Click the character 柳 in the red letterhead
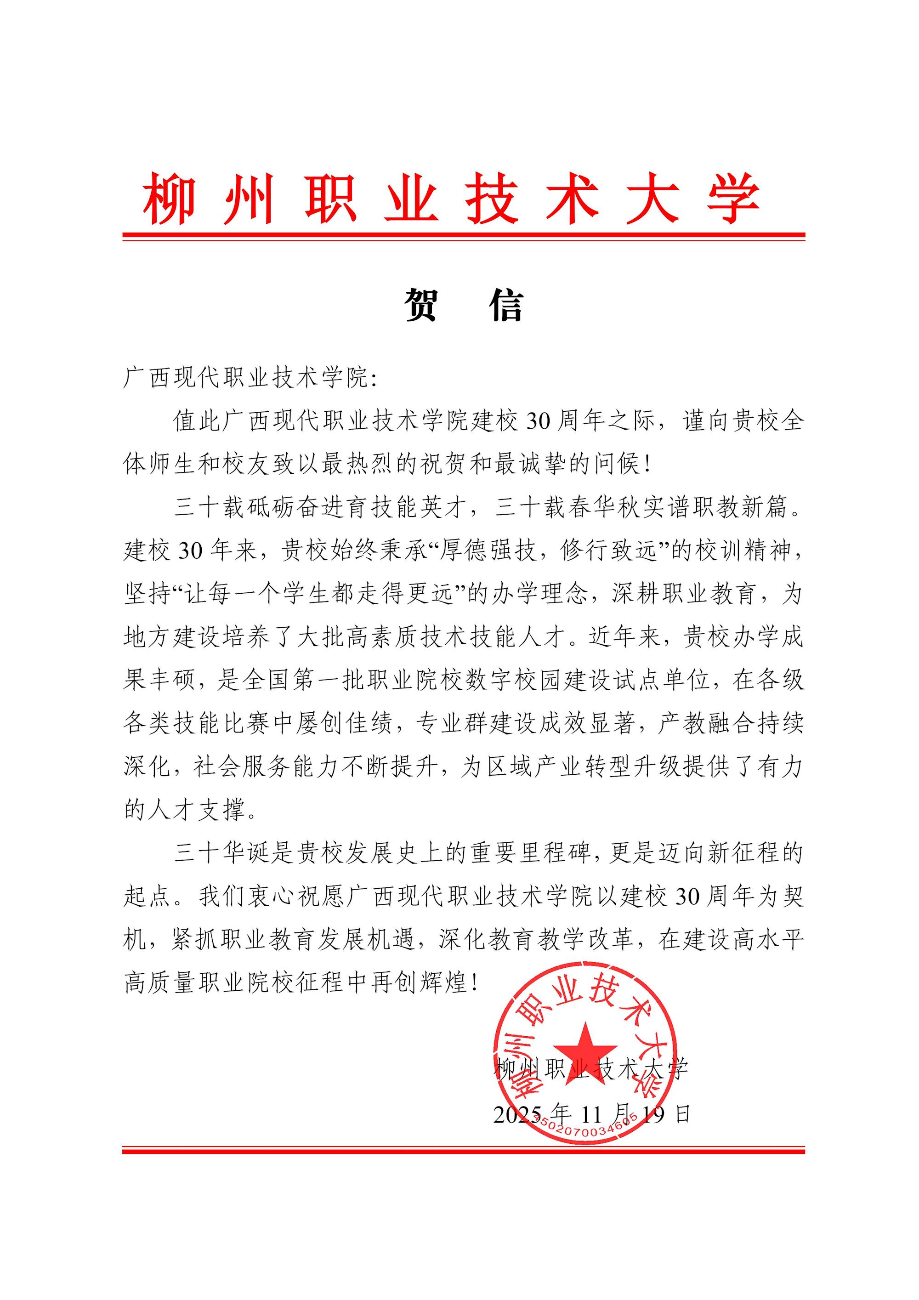[x=169, y=199]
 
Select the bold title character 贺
[x=421, y=305]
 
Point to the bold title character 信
[x=505, y=305]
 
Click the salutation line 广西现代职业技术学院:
[x=250, y=378]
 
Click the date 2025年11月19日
[x=592, y=1114]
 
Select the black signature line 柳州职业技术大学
[x=592, y=1068]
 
